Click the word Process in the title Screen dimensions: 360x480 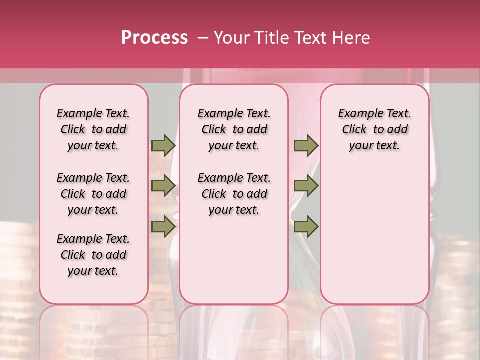[154, 38]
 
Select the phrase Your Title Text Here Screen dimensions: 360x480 [292, 38]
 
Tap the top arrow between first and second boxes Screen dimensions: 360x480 [163, 145]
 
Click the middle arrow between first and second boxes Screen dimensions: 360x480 [163, 186]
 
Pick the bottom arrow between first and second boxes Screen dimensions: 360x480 [163, 226]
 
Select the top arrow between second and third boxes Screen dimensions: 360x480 [306, 145]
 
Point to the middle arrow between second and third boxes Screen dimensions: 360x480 [306, 186]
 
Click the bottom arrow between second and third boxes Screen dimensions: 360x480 [306, 227]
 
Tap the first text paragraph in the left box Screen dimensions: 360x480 [93, 129]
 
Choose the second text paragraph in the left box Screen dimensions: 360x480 [93, 194]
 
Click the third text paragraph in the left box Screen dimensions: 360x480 [93, 255]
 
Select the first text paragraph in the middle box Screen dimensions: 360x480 [234, 129]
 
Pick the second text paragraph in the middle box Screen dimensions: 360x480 [234, 194]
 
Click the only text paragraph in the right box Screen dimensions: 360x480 [374, 129]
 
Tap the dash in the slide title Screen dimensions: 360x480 [203, 38]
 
